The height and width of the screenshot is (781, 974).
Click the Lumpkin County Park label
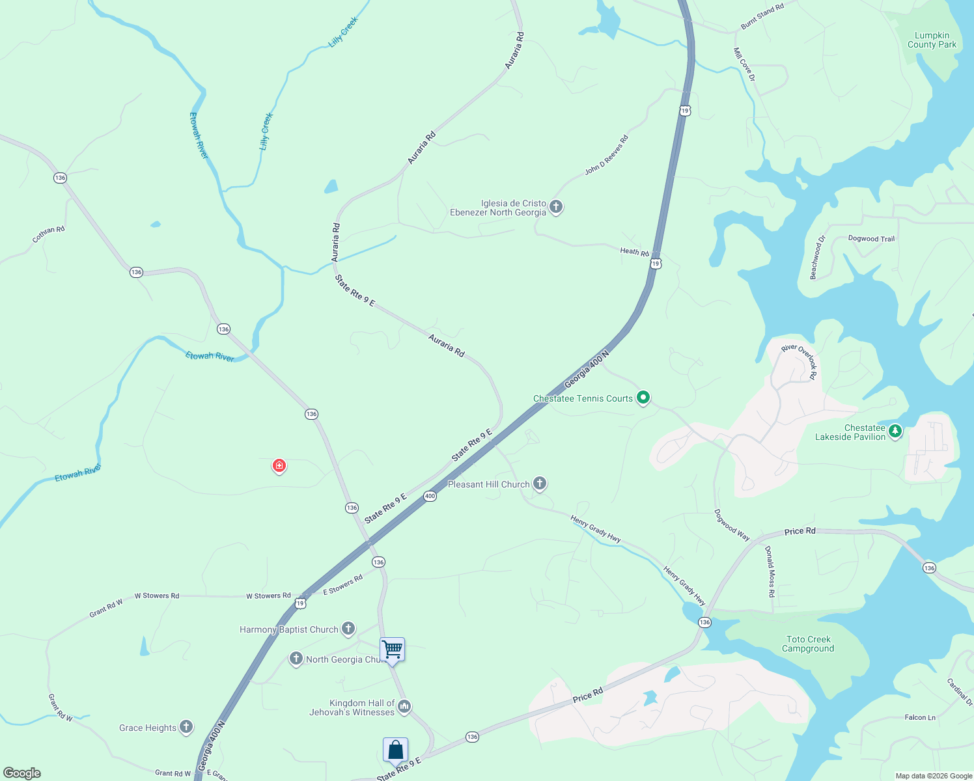[932, 40]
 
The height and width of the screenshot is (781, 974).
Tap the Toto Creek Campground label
[808, 644]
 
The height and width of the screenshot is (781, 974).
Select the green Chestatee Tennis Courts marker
[643, 397]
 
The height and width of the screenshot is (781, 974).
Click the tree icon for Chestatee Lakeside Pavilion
[895, 431]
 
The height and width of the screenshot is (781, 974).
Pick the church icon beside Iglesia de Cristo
[555, 207]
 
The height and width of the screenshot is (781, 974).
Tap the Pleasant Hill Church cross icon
[540, 483]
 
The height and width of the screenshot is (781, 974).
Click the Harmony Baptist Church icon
[348, 628]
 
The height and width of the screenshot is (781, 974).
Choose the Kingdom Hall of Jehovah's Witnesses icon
[404, 706]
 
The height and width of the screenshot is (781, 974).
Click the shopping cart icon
[392, 649]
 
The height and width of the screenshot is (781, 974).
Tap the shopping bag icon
[395, 750]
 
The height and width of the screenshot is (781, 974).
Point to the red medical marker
[279, 465]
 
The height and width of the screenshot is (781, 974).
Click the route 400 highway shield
[430, 496]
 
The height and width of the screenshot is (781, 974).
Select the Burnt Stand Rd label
[762, 16]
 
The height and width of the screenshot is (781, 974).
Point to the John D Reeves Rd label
[606, 155]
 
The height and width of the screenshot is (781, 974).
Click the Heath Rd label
[634, 251]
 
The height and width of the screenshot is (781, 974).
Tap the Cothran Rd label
[49, 234]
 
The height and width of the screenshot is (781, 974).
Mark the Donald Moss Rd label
[770, 571]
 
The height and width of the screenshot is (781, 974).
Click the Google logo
[22, 773]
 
